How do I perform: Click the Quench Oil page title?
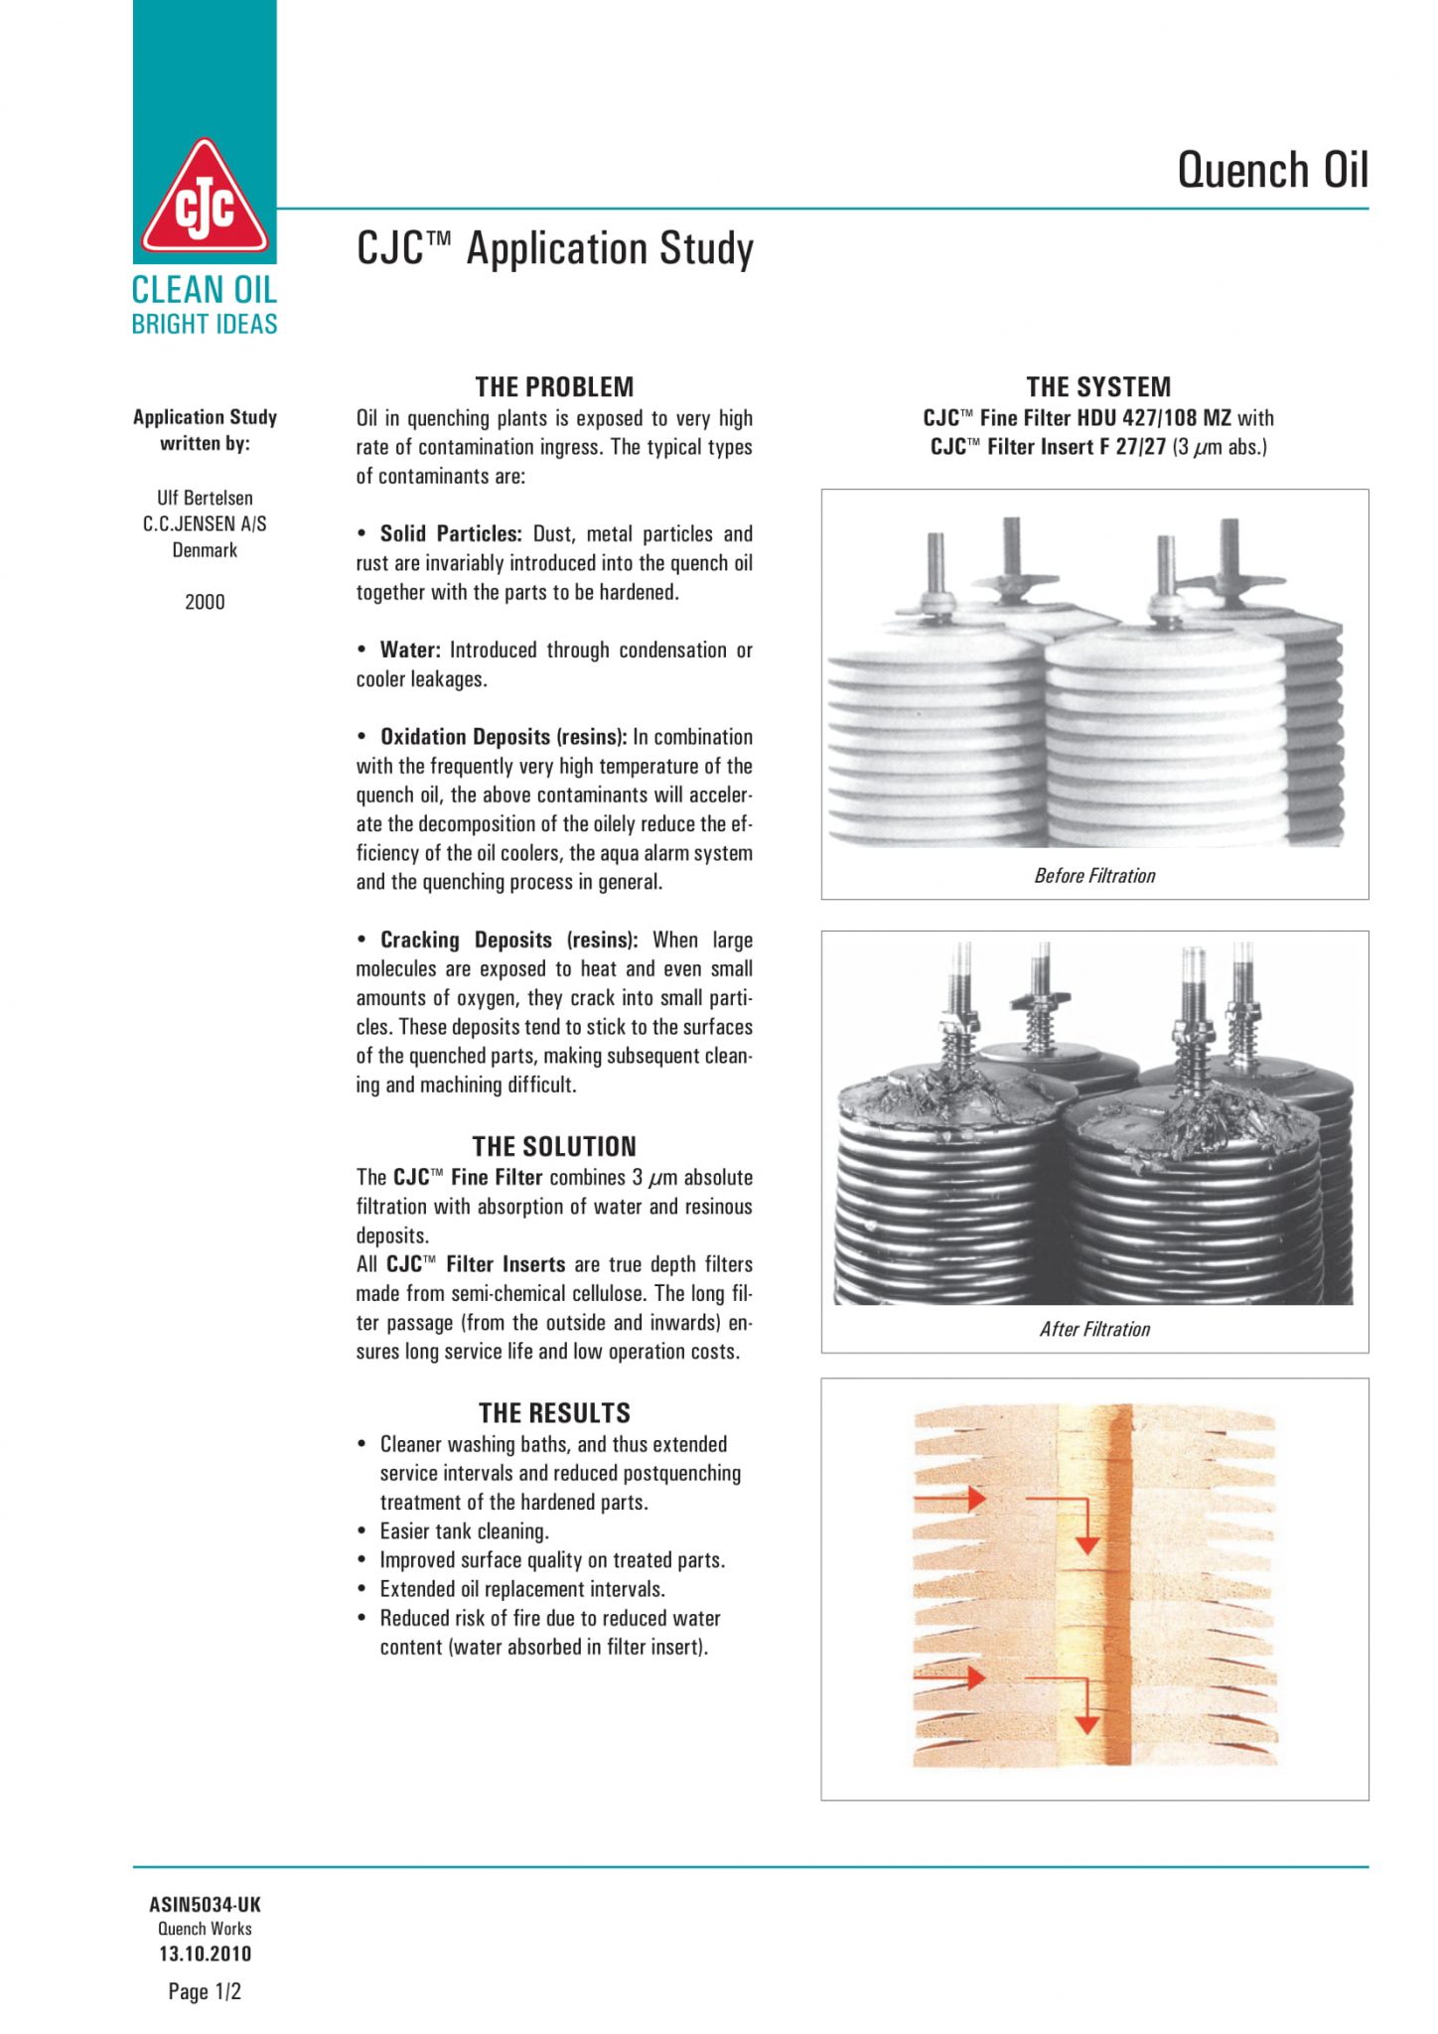1272,170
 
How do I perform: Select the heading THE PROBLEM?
554,386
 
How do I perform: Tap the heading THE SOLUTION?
554,1146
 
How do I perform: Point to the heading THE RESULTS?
554,1412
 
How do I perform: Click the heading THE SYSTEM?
1098,386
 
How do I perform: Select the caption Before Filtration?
1094,876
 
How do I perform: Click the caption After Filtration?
1094,1329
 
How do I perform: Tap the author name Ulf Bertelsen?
205,498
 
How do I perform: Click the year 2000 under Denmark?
205,602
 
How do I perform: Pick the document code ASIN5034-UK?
205,1904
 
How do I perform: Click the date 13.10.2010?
205,1954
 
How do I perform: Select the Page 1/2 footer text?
205,1991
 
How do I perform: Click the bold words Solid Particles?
451,534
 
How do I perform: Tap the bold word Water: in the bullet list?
410,651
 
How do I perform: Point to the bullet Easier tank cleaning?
464,1531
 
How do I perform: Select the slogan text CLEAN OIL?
205,290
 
